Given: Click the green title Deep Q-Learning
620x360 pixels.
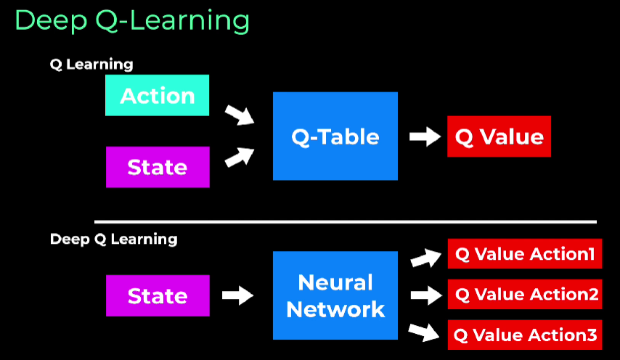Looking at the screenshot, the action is point(132,21).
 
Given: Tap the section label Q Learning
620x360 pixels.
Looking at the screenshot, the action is point(91,65).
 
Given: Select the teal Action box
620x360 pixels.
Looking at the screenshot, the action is point(157,95).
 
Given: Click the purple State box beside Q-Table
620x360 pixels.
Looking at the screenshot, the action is point(158,167).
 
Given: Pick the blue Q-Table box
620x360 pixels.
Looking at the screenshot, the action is point(335,136).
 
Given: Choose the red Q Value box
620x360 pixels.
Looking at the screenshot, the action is point(499,136).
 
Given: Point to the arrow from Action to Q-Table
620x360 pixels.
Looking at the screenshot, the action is point(240,115).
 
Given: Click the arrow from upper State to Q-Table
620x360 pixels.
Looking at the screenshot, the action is point(240,157).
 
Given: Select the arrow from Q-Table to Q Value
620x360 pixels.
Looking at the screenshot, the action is point(425,136).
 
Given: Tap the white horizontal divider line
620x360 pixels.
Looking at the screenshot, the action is point(345,221).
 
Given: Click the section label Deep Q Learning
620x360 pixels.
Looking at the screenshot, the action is point(114,240).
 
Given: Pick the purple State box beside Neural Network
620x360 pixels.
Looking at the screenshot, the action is point(158,295).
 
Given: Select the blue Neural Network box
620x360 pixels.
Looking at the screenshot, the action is point(335,295).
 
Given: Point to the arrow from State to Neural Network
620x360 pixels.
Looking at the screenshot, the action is point(237,295).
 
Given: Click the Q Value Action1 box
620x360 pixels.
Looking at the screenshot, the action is point(525,254).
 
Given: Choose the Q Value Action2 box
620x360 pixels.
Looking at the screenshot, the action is point(525,295).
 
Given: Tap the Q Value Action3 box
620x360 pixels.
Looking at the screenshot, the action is point(525,335).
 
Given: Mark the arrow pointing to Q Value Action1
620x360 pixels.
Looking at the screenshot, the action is point(426,258).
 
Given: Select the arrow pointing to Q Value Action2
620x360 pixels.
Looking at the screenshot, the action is point(426,295).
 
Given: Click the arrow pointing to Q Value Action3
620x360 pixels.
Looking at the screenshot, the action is point(424,332).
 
